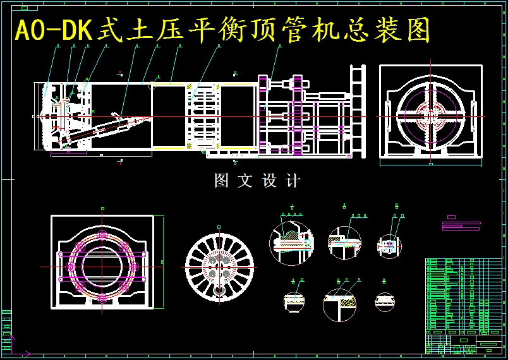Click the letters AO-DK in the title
point(54,30)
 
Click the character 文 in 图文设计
point(245,181)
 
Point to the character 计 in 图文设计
point(293,181)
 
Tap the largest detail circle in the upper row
point(292,240)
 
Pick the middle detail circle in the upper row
point(344,241)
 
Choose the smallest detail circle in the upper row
point(389,244)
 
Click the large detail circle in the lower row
point(340,304)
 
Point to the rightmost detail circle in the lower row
point(385,302)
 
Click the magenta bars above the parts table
point(461,224)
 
